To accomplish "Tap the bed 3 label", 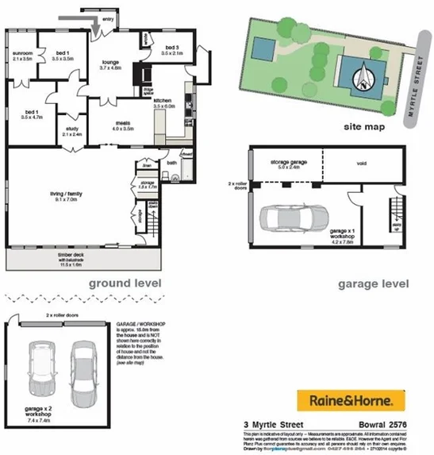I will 173,49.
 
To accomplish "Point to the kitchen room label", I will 163,101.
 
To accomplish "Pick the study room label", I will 72,130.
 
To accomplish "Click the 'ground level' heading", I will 125,283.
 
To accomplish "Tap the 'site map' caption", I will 365,125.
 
